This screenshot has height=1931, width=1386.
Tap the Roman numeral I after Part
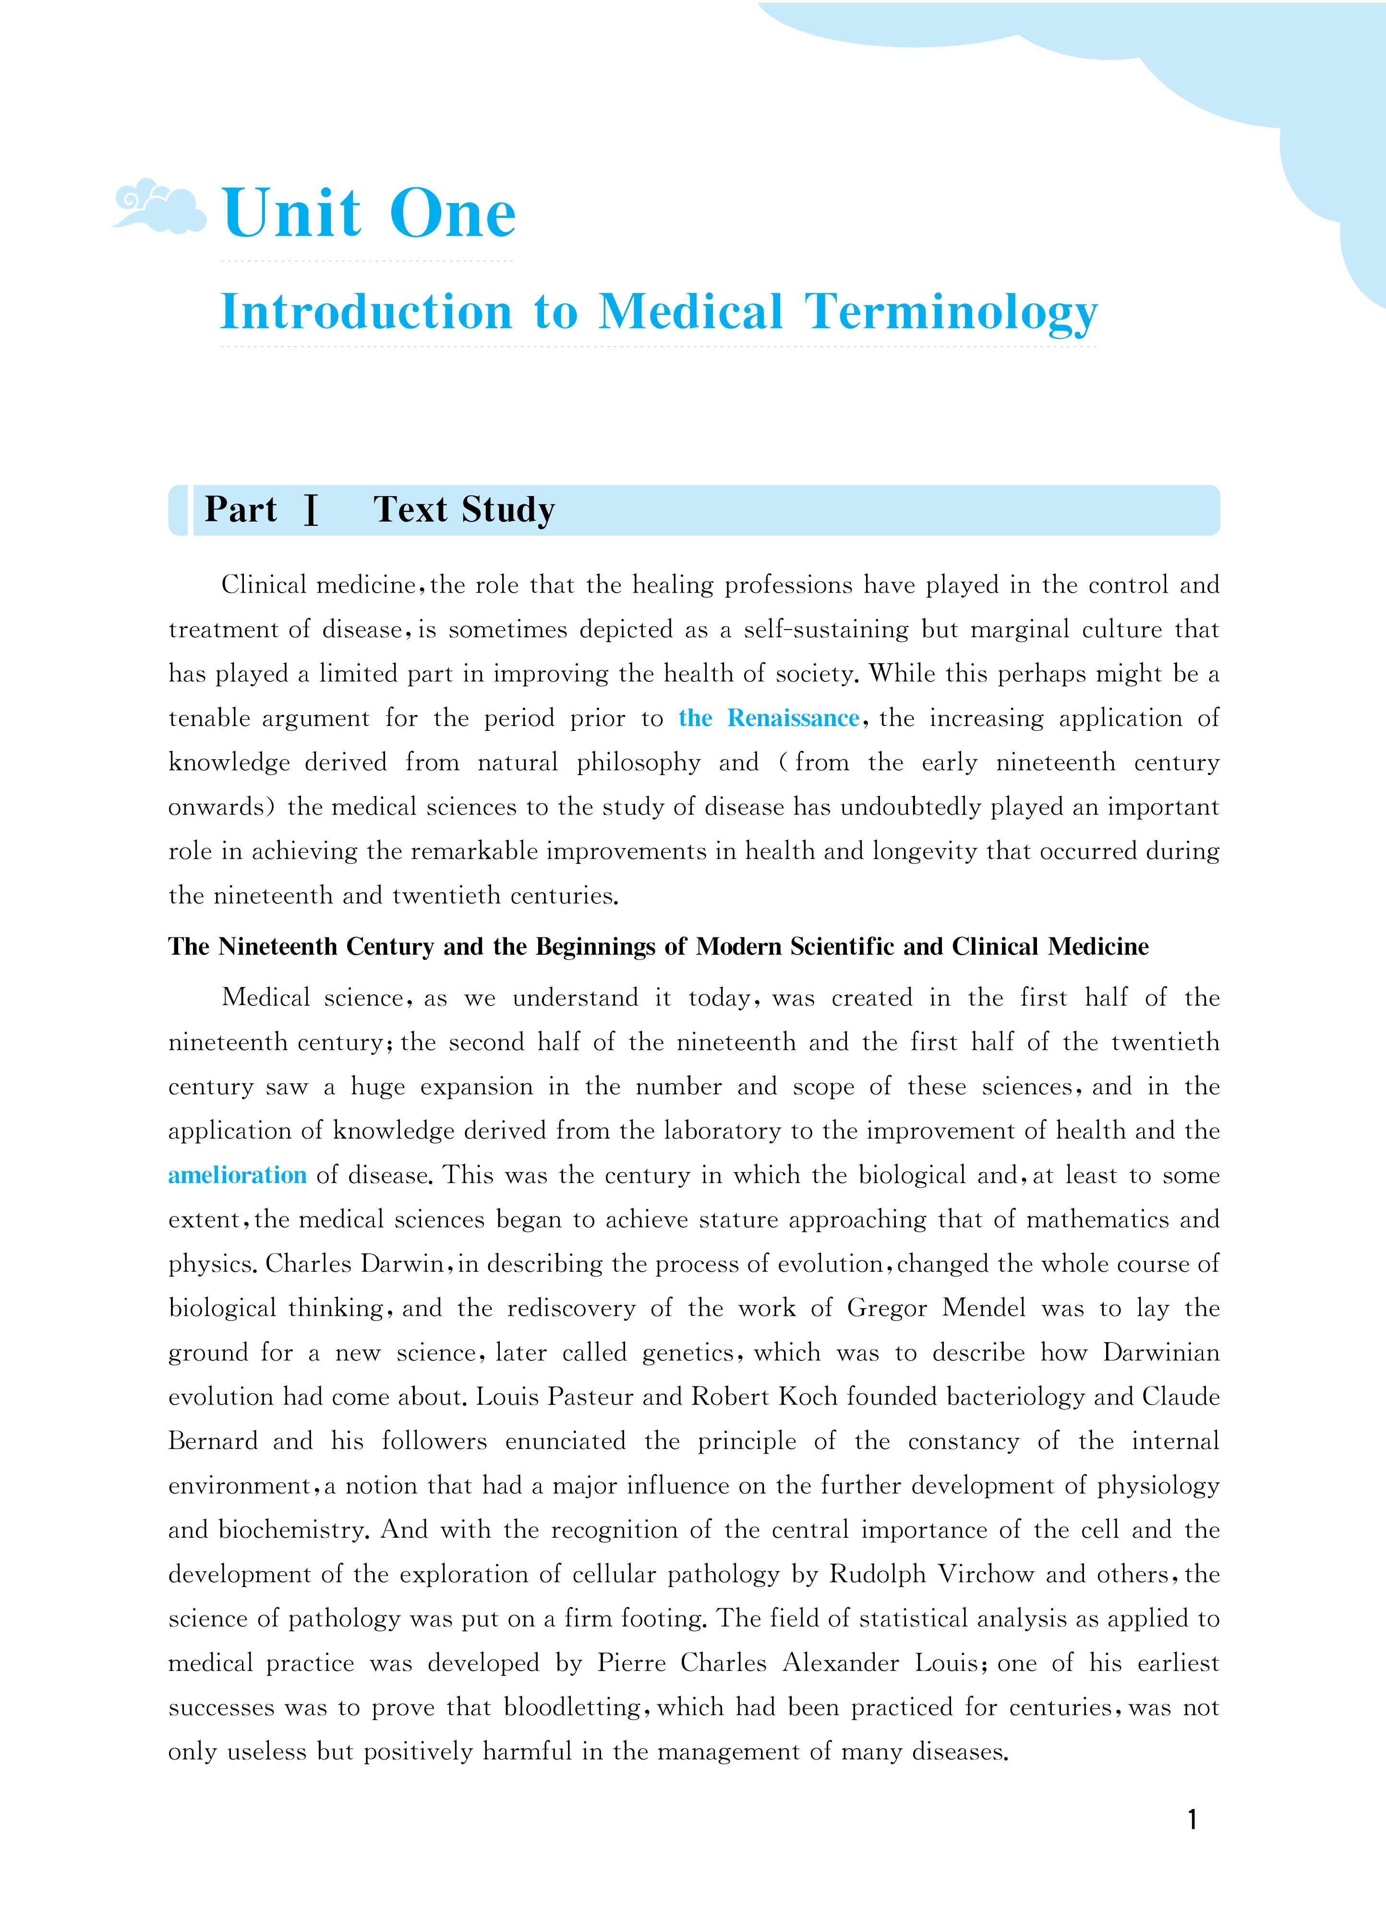(312, 510)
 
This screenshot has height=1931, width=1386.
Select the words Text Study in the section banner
(464, 510)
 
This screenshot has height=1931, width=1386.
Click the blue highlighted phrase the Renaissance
(769, 718)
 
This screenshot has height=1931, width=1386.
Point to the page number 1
(1192, 1820)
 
